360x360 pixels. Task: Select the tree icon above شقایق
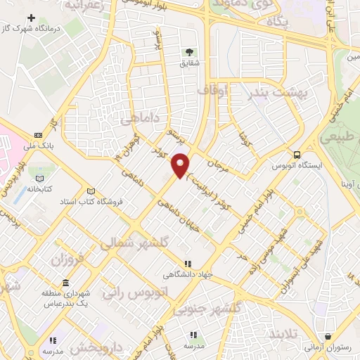(188, 51)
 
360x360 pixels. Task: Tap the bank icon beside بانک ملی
(38, 136)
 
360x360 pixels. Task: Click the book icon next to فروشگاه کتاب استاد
(89, 191)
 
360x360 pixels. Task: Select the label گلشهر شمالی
(136, 242)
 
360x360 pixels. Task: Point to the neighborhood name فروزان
(67, 259)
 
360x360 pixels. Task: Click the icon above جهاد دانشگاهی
(187, 264)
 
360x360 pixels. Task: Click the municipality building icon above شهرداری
(65, 283)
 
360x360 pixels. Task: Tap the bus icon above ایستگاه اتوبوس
(297, 155)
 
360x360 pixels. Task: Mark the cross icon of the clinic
(31, 16)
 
